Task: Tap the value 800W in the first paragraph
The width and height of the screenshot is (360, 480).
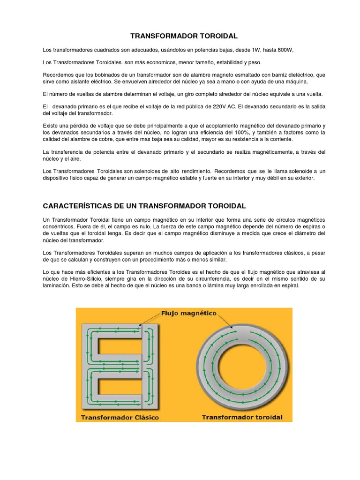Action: tap(284, 50)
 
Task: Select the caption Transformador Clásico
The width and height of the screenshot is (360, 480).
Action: tap(120, 417)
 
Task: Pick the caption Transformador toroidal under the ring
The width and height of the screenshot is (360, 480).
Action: tap(242, 416)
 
